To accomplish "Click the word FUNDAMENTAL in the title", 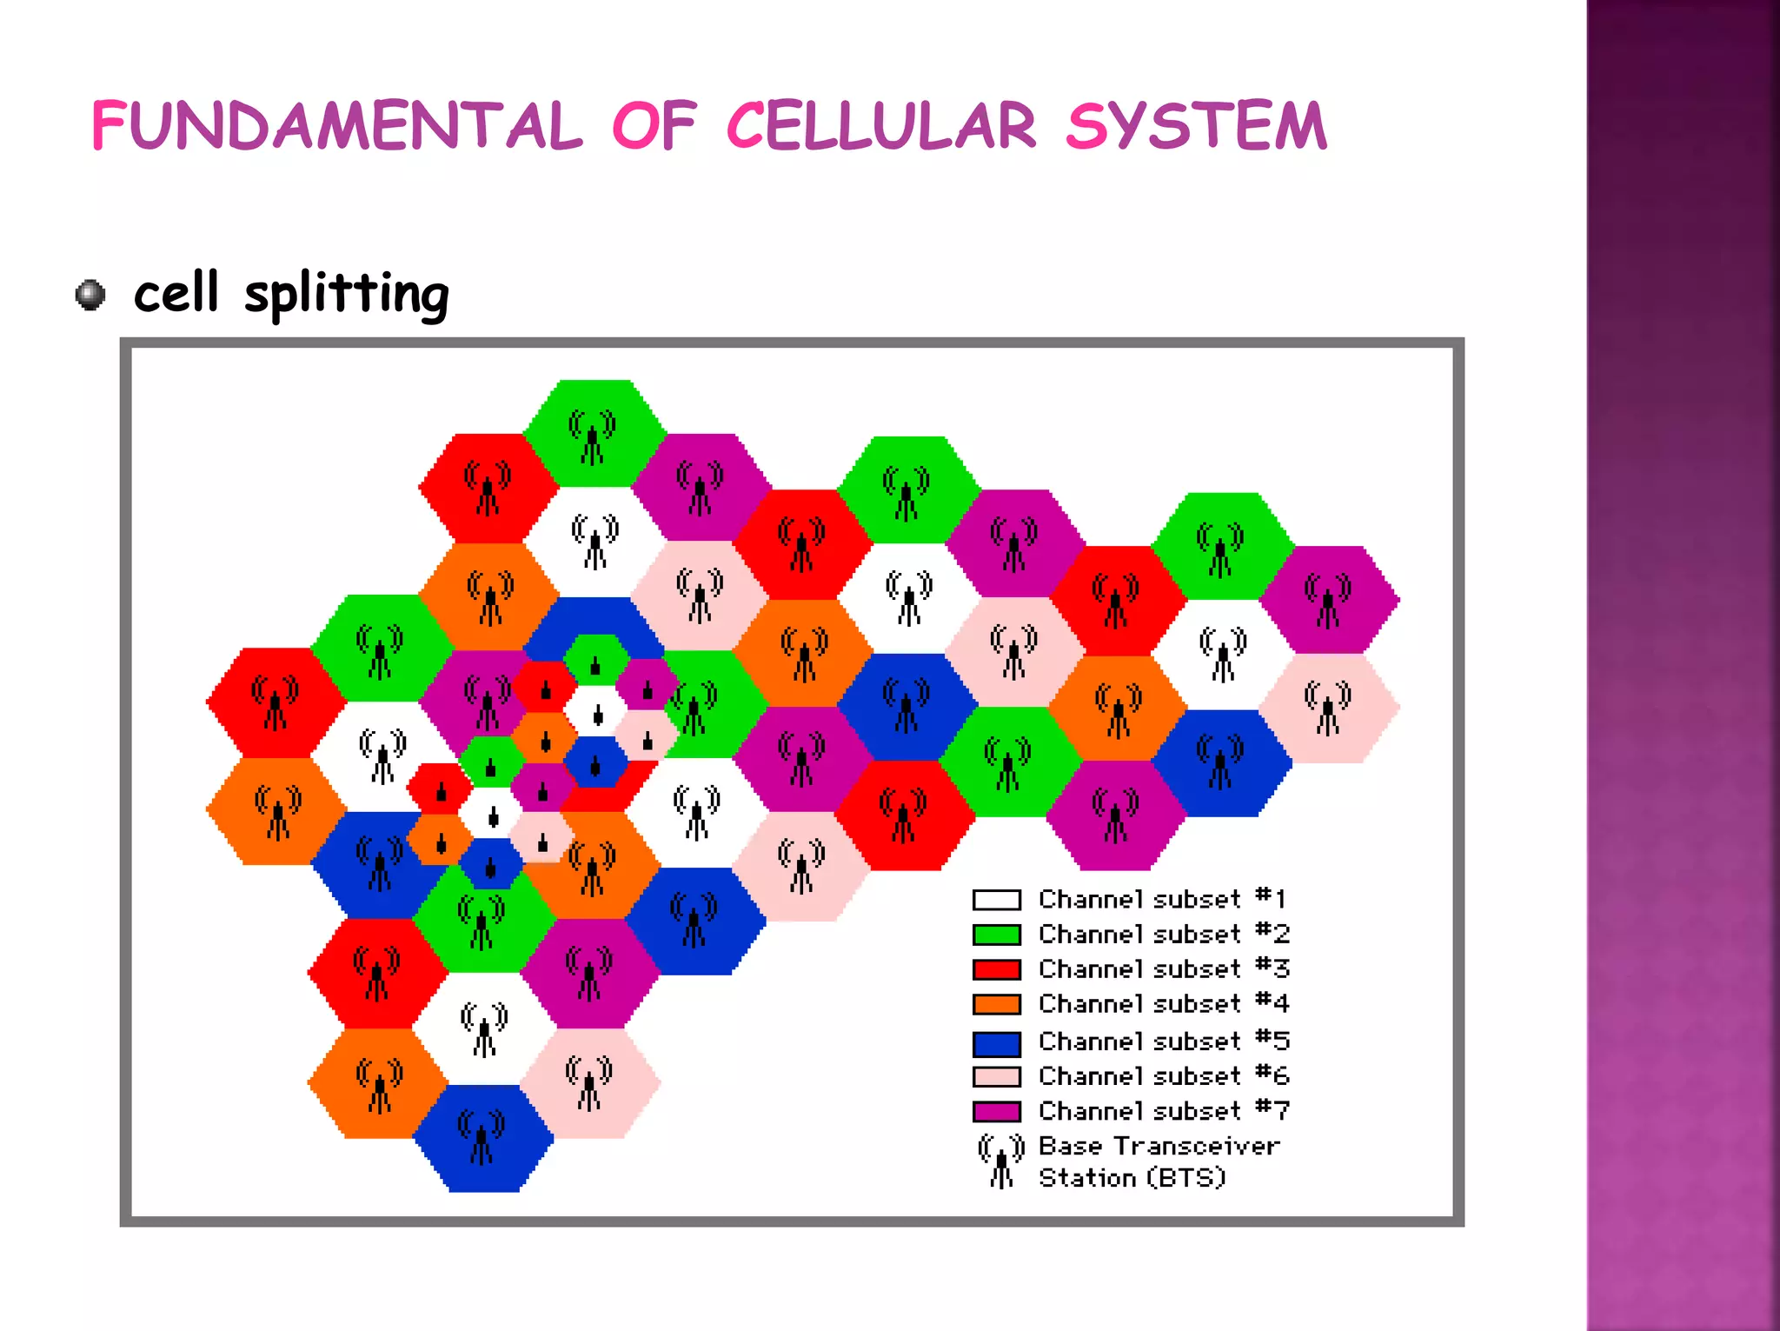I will pos(337,126).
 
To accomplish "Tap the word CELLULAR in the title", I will pos(880,126).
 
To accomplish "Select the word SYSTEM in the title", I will pos(1197,126).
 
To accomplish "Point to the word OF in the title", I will pos(654,126).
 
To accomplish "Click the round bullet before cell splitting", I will pos(90,295).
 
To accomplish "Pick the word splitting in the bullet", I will pos(346,294).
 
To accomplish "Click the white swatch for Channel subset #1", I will pos(996,900).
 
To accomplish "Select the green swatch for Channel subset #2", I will pos(996,935).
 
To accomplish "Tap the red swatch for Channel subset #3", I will pos(996,969).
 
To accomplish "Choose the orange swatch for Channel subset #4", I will pos(996,1004).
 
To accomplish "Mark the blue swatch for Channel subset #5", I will pos(996,1042).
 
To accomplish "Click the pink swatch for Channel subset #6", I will pos(996,1077).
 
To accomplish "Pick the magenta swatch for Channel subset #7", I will pos(996,1112).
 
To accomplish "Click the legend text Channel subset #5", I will pos(1163,1042).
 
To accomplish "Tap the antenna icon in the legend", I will pos(1001,1161).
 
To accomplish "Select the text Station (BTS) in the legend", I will pos(1132,1178).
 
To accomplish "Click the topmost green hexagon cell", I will pos(594,432).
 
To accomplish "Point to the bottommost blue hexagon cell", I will pos(483,1139).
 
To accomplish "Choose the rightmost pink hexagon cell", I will pos(1329,709).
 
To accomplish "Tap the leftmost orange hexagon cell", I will pos(276,812).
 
